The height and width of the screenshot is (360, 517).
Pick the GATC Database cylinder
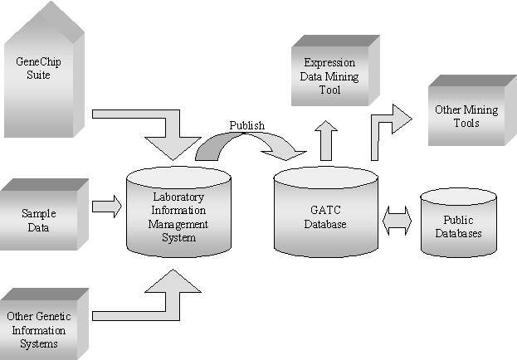(x=324, y=216)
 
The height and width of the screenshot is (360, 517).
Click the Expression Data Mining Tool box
(x=329, y=76)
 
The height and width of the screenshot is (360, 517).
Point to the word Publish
(x=246, y=126)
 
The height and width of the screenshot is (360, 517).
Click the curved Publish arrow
(x=249, y=143)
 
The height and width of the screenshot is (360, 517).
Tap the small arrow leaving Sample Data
(x=105, y=207)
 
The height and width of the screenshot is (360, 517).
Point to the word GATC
(x=324, y=211)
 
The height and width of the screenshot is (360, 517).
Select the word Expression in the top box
(x=329, y=62)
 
